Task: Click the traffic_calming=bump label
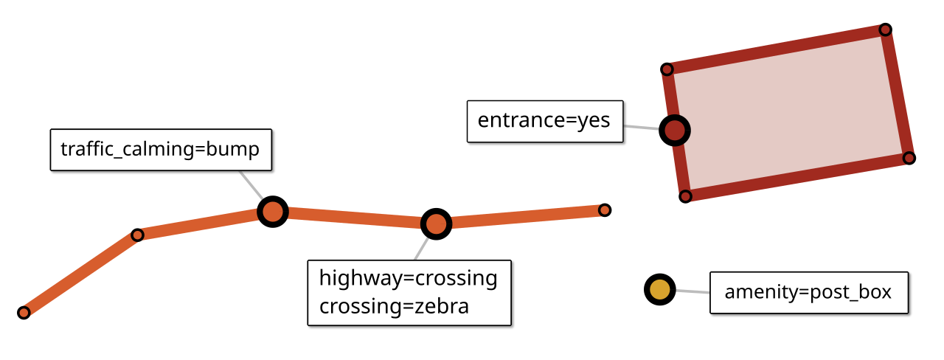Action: tap(161, 150)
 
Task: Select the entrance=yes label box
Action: tap(544, 120)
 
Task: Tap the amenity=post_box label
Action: tap(808, 292)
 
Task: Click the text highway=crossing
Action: tap(408, 278)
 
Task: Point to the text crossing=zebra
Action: tap(394, 306)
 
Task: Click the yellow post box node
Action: tap(659, 290)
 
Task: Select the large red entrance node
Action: tap(675, 131)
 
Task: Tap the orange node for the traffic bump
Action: tap(273, 212)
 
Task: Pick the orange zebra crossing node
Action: tap(436, 224)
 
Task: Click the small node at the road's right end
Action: tap(604, 210)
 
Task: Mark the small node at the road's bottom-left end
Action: tap(24, 312)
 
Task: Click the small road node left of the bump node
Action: tap(137, 235)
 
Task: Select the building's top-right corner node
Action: tap(885, 30)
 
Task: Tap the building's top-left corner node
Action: tap(667, 69)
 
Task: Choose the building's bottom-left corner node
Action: tap(686, 195)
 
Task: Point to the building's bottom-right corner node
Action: tap(909, 158)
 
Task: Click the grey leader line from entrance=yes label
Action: tap(642, 128)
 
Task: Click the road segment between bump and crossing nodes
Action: tap(354, 218)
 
